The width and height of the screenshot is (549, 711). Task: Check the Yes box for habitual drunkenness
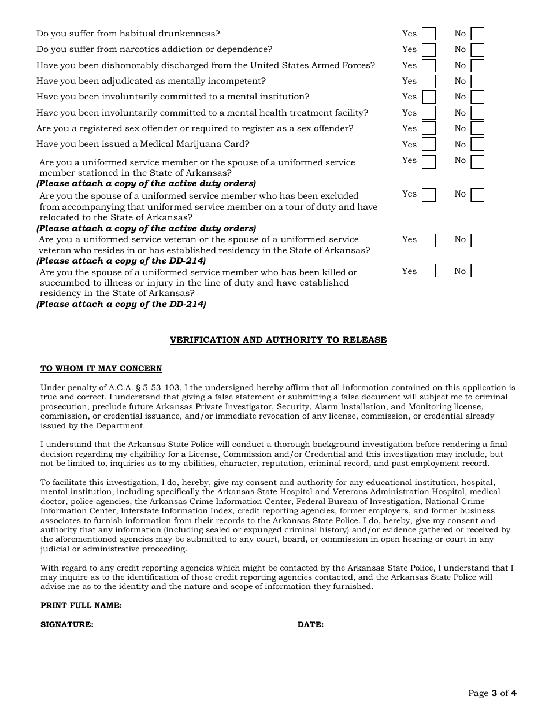(x=428, y=34)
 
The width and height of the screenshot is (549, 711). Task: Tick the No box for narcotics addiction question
(x=477, y=50)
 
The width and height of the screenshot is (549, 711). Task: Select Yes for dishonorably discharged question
(x=428, y=66)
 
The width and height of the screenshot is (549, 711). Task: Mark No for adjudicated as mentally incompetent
(x=477, y=82)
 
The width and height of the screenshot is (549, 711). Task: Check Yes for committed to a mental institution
(x=428, y=97)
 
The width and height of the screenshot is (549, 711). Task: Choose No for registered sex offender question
(x=477, y=128)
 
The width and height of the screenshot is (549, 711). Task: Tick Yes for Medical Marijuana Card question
(x=428, y=145)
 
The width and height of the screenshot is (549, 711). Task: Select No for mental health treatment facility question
(x=477, y=113)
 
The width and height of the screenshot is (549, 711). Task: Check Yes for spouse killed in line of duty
(x=428, y=271)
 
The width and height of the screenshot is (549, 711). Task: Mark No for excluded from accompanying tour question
(x=477, y=195)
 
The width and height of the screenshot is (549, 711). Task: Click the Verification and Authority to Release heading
(x=278, y=340)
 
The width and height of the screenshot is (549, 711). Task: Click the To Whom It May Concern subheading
(x=101, y=369)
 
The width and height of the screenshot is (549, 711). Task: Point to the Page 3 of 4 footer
(x=492, y=693)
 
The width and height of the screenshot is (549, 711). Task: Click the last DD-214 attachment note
(x=121, y=304)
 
